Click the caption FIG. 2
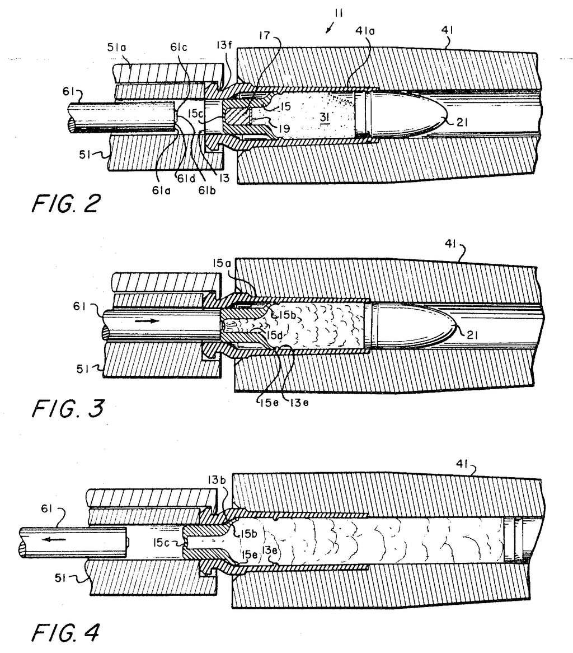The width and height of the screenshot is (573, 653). click(x=65, y=204)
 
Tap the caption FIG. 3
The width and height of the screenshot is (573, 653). click(x=68, y=408)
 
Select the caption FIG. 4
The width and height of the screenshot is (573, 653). click(x=65, y=633)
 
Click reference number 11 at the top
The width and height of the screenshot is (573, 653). click(x=339, y=13)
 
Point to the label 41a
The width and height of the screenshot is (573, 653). click(x=365, y=30)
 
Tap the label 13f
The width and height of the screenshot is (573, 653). click(x=224, y=45)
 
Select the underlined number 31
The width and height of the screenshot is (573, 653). click(x=325, y=118)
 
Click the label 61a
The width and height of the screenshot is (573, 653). click(x=161, y=190)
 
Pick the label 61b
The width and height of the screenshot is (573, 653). click(x=207, y=190)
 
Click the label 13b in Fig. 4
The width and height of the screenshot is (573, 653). click(x=217, y=480)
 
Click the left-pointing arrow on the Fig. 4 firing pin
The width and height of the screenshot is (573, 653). click(x=55, y=540)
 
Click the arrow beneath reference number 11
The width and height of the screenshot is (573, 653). click(x=330, y=28)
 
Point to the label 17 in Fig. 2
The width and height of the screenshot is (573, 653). click(x=265, y=35)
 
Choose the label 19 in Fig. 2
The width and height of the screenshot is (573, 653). click(x=284, y=129)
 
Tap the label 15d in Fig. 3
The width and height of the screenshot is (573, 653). click(x=275, y=334)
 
